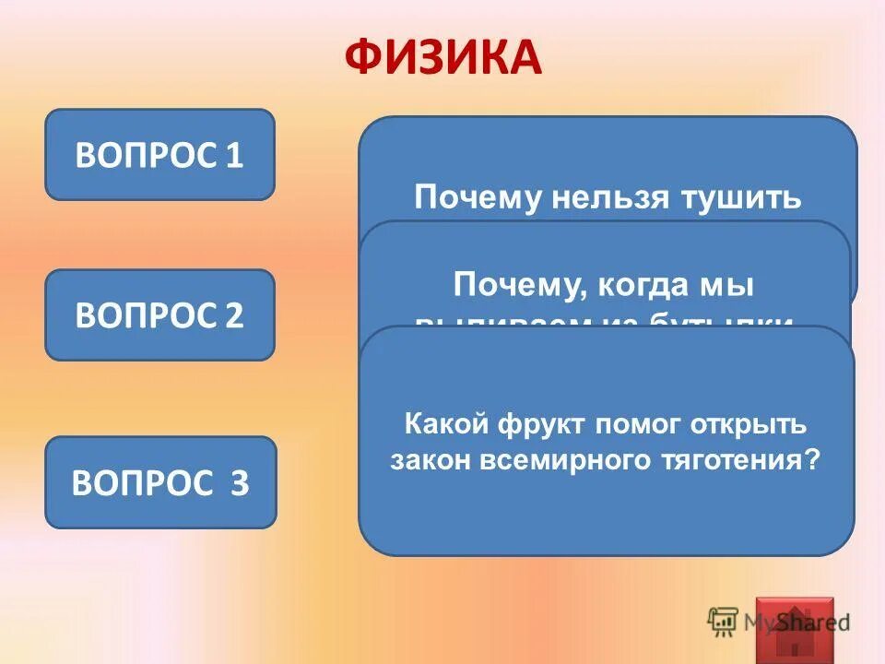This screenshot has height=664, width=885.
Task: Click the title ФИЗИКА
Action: coord(442,57)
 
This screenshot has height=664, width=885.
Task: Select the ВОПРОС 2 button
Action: coord(159,315)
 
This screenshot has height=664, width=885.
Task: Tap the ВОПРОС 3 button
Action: coord(160,483)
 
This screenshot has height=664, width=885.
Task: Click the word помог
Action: coord(639,425)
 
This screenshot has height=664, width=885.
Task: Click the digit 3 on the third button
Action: coord(239,483)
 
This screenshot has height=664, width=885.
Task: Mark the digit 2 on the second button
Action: coord(234,315)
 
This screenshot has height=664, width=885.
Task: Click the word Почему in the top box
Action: coord(474,198)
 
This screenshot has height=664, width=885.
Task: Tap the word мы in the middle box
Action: coord(735,285)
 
